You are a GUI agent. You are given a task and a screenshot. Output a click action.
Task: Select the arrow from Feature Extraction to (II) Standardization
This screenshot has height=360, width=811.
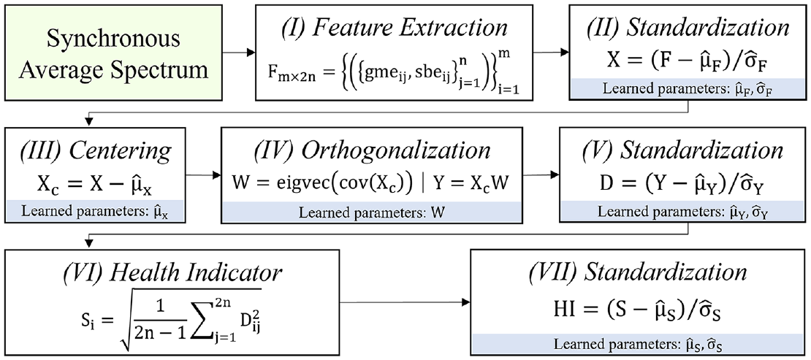[550, 53]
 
